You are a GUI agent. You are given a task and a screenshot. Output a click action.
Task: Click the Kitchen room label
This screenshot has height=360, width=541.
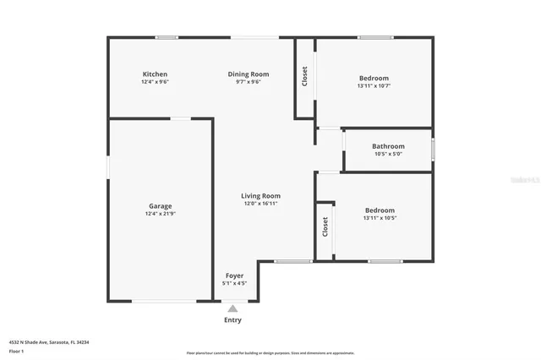155,74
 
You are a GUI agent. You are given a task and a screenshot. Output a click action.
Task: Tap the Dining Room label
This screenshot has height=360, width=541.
249,74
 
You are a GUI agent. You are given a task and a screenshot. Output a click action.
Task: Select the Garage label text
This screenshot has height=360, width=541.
161,206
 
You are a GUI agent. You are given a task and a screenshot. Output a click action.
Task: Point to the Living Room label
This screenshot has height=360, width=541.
261,196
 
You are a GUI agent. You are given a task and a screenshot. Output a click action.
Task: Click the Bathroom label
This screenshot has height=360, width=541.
388,146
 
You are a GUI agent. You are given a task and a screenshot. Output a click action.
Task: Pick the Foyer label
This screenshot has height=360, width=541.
234,276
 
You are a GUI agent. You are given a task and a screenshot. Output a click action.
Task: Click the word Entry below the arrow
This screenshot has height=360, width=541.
232,320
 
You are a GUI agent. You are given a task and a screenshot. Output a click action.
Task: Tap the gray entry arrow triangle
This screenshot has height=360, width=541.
232,308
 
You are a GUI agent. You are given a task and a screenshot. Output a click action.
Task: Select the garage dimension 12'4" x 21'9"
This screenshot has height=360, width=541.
161,214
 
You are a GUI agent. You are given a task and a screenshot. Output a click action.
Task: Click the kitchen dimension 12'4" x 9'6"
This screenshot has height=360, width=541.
155,82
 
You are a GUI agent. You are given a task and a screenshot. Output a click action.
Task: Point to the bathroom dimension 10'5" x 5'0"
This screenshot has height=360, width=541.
388,154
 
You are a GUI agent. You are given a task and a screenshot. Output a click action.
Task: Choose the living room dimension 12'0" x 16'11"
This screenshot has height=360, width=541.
261,204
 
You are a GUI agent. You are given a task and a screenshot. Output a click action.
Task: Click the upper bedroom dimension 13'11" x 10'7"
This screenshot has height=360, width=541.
373,85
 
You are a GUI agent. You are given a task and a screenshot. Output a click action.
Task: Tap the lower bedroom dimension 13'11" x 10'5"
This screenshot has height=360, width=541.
380,218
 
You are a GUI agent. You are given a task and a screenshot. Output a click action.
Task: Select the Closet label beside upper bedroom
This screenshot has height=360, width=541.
304,76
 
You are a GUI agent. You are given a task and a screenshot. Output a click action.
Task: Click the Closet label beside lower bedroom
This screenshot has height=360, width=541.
325,226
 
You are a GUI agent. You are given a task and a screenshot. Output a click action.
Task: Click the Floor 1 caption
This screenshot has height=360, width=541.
16,350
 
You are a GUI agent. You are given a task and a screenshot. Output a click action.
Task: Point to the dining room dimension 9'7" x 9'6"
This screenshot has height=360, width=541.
249,82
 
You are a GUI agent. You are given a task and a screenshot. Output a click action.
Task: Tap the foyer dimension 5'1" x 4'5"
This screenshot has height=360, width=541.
234,284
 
